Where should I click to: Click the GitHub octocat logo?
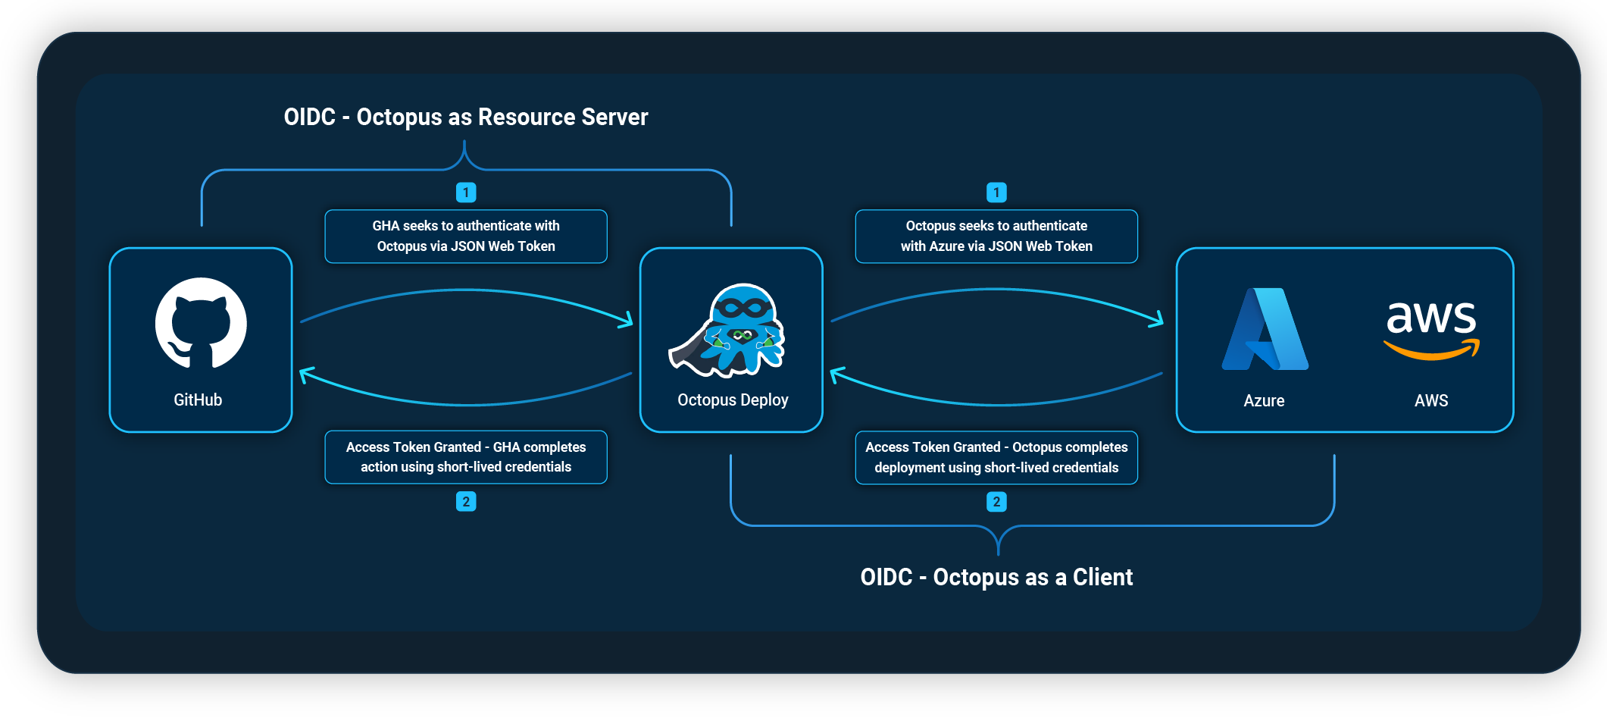pyautogui.click(x=201, y=323)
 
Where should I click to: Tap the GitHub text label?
pyautogui.click(x=198, y=400)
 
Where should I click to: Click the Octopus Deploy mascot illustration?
pyautogui.click(x=728, y=331)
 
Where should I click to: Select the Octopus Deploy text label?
pyautogui.click(x=733, y=400)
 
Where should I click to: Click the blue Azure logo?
pyautogui.click(x=1265, y=330)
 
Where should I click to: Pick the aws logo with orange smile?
pyautogui.click(x=1431, y=328)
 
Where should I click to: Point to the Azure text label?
pyautogui.click(x=1264, y=400)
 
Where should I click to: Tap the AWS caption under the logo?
pyautogui.click(x=1430, y=400)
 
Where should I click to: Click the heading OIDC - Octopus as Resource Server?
pyautogui.click(x=465, y=117)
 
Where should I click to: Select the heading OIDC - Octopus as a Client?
pyautogui.click(x=996, y=577)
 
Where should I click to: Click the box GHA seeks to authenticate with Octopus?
pyautogui.click(x=466, y=236)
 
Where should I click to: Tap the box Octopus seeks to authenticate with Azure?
pyautogui.click(x=996, y=236)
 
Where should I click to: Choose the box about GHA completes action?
pyautogui.click(x=466, y=457)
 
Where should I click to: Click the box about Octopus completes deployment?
pyautogui.click(x=996, y=457)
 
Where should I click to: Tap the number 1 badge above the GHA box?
pyautogui.click(x=466, y=193)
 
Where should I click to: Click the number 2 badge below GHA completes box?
pyautogui.click(x=466, y=501)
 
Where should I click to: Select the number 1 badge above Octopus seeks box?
pyautogui.click(x=996, y=193)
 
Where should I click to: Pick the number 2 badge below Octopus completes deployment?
pyautogui.click(x=996, y=501)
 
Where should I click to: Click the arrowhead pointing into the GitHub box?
pyautogui.click(x=305, y=374)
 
